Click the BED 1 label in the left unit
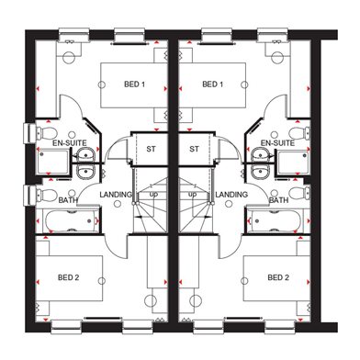click(134, 84)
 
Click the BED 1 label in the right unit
click(213, 84)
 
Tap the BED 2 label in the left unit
click(69, 277)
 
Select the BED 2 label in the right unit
click(278, 277)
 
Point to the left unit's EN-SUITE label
click(70, 143)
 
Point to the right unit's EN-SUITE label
click(277, 143)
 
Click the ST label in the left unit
click(151, 149)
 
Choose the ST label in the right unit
click(194, 149)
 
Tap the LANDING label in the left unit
click(116, 195)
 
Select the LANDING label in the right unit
click(231, 195)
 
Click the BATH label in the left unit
click(68, 200)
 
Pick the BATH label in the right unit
click(279, 200)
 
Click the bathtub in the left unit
click(71, 220)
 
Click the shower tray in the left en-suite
click(53, 162)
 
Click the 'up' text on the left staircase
click(153, 194)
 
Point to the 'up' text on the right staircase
click(193, 194)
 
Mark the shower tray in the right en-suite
click(293, 162)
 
